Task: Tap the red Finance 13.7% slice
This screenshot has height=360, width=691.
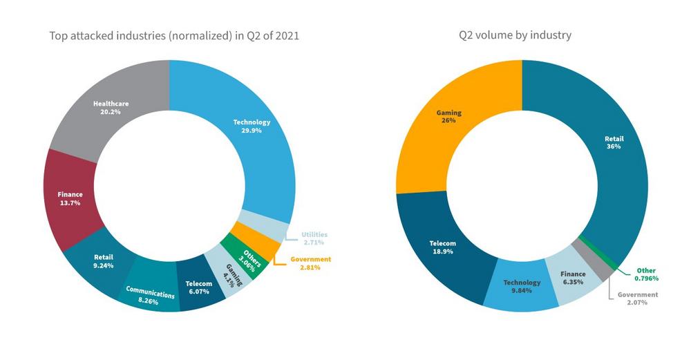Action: click(x=69, y=199)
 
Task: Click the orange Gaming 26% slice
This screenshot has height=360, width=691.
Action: click(x=449, y=117)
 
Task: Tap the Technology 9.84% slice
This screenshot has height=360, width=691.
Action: click(x=522, y=286)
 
